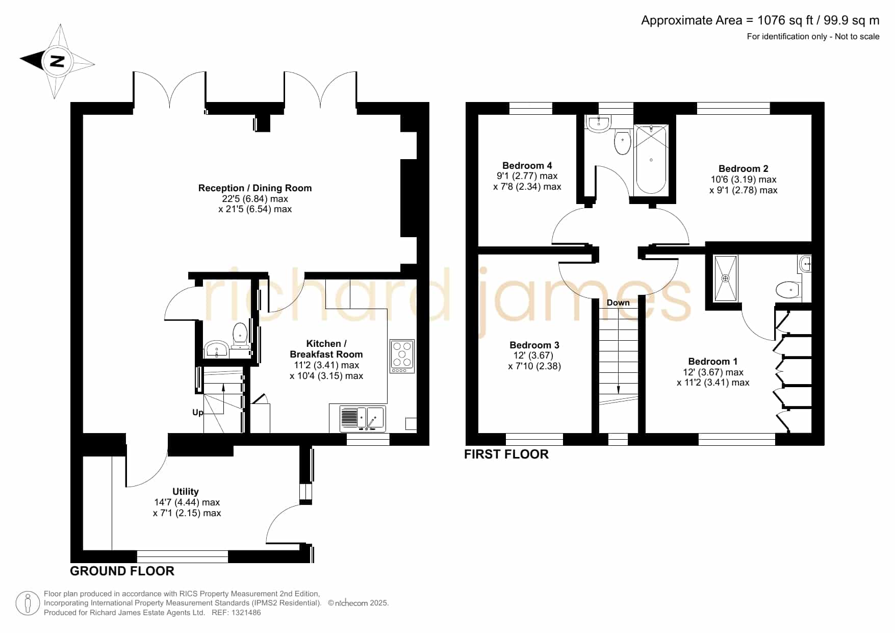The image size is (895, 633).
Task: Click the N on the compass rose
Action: point(57,61)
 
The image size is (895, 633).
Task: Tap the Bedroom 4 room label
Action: point(527,165)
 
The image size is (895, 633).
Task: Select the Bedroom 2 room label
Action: point(743,168)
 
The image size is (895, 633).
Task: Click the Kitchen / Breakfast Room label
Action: point(326,349)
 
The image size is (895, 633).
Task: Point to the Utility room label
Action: point(185,491)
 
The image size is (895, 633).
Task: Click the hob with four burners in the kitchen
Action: point(402,356)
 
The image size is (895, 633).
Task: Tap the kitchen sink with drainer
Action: point(362,418)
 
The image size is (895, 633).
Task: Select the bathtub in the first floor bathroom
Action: point(651,159)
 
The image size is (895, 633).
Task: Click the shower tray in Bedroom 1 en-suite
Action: point(725,278)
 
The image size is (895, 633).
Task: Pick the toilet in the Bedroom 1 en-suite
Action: point(787,290)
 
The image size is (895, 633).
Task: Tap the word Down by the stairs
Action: point(618,302)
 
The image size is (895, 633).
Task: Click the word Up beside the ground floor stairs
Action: point(198,412)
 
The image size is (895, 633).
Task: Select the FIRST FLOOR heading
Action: point(506,454)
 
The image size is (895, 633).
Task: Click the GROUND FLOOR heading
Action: point(122,571)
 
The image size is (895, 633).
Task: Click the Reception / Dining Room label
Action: point(255,188)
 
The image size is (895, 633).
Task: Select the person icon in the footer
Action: point(28,603)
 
